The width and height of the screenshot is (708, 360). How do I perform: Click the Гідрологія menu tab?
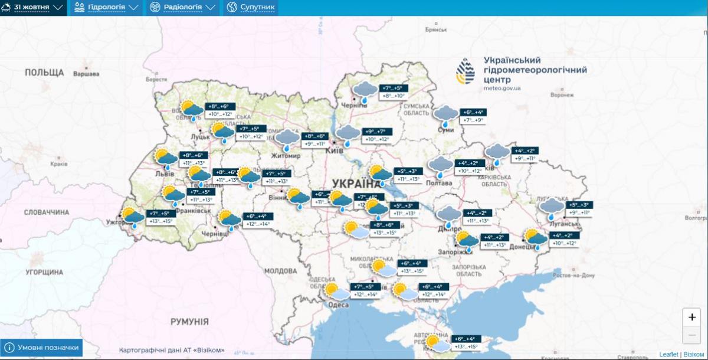107,8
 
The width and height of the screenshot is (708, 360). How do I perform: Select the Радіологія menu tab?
183,8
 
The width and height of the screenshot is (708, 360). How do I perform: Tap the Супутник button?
251,8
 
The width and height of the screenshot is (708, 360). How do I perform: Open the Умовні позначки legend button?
42,348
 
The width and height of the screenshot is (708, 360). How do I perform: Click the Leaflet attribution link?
668,354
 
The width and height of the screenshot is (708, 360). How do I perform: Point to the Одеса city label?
338,305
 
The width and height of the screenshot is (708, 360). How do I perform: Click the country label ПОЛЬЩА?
44,73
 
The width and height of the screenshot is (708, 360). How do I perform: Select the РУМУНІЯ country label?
189,322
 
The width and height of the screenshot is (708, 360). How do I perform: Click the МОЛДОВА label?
280,271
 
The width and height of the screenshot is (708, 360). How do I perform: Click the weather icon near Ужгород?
132,218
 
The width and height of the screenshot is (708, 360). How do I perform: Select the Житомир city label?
286,156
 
